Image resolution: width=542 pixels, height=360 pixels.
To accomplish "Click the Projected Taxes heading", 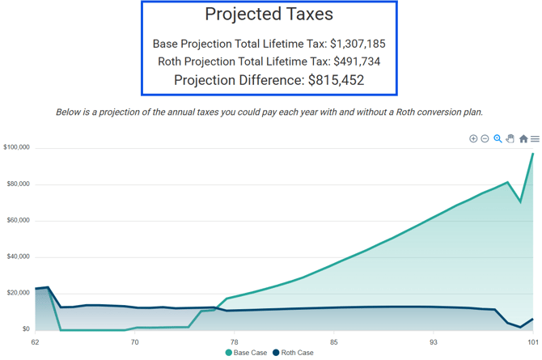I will [269, 15].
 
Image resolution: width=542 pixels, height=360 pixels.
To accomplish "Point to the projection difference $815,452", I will [337, 80].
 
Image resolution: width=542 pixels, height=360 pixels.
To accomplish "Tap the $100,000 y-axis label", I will [17, 147].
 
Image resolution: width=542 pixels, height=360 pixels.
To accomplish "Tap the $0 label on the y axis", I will [26, 329].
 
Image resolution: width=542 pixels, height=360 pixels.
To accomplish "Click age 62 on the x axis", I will [36, 342].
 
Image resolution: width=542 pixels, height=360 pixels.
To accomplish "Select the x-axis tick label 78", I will [235, 342].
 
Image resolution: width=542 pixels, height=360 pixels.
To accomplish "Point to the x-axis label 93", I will [434, 342].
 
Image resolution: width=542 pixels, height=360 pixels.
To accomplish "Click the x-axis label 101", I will [533, 342].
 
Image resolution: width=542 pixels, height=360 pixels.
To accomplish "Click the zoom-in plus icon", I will [473, 139].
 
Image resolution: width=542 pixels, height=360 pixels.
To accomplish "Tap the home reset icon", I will [523, 139].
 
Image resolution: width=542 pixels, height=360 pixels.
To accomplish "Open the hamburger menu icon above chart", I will [535, 139].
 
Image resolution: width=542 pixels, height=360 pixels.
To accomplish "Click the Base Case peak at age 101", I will [533, 154].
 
